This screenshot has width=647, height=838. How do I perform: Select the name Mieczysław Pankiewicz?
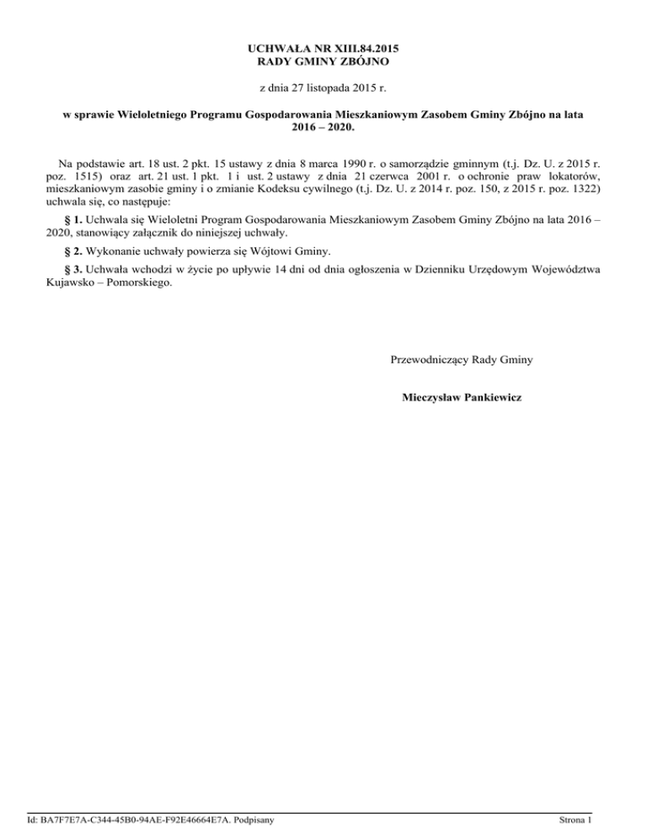pos(462,395)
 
